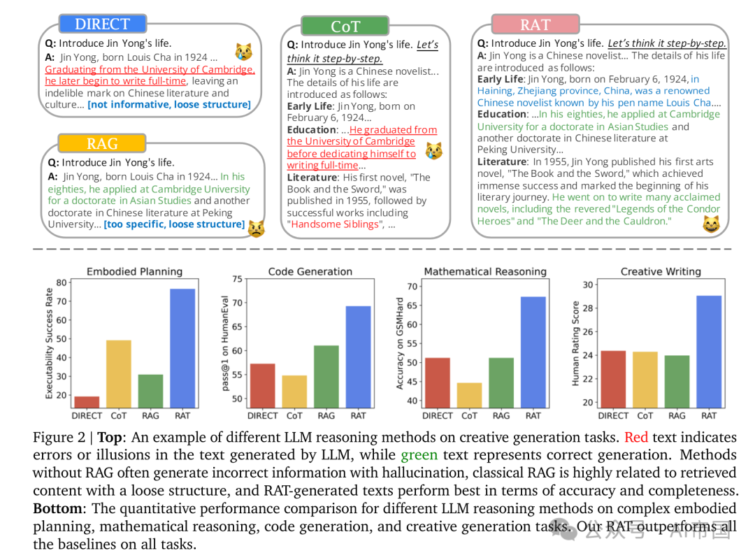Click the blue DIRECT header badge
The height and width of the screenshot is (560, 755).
click(102, 24)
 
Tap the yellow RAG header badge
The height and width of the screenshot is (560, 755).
click(102, 143)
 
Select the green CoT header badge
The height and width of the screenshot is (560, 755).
click(345, 27)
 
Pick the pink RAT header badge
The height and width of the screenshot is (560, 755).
click(535, 24)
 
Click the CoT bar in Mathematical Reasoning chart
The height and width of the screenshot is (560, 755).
click(469, 395)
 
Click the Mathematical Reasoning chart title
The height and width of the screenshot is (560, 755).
click(485, 271)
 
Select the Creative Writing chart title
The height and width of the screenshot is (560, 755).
click(660, 271)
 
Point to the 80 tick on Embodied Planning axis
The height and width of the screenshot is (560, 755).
click(62, 282)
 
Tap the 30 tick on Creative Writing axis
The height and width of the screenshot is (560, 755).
click(588, 285)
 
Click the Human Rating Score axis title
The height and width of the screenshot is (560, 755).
click(575, 343)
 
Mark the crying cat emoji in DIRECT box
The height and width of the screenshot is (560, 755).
click(243, 51)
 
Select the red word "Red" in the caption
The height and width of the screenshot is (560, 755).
click(635, 438)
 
